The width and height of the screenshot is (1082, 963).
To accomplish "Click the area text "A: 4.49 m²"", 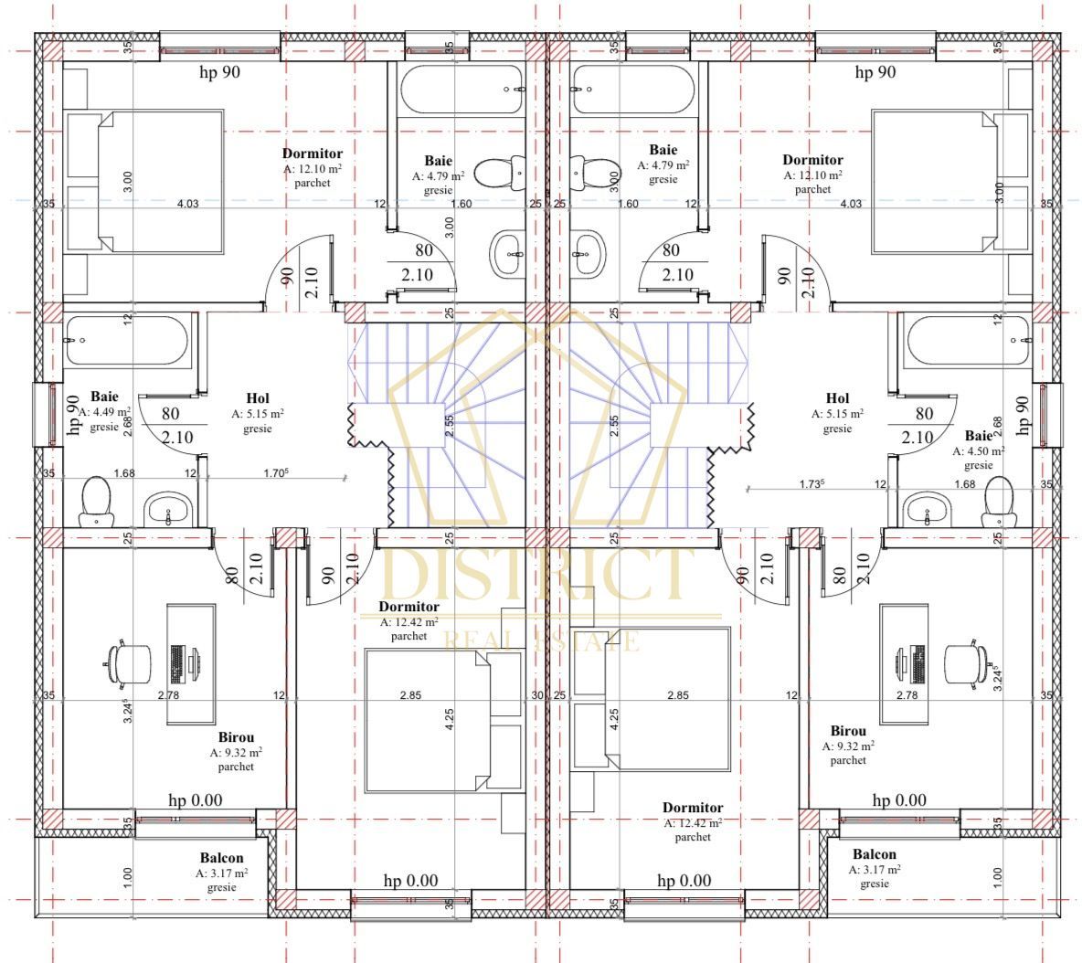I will point(104,412).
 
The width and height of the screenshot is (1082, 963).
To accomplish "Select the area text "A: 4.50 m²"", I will point(978,450).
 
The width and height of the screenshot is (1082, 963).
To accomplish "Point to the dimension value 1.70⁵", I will point(275,473).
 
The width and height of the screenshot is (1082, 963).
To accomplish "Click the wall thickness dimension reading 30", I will point(537,696).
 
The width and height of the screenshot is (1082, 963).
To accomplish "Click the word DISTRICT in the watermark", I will point(539,574).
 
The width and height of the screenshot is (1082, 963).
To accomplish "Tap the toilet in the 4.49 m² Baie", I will point(95,501).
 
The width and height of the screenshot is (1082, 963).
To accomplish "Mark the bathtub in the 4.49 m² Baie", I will point(128,341).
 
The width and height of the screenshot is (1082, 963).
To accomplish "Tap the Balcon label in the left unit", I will point(221,858).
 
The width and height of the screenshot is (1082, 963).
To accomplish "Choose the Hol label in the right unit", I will point(837,398).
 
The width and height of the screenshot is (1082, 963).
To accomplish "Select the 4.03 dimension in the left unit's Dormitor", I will point(187,204).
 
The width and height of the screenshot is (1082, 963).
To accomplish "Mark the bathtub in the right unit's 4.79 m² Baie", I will point(631,90).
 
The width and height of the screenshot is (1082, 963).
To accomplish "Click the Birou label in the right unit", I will point(848,731).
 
